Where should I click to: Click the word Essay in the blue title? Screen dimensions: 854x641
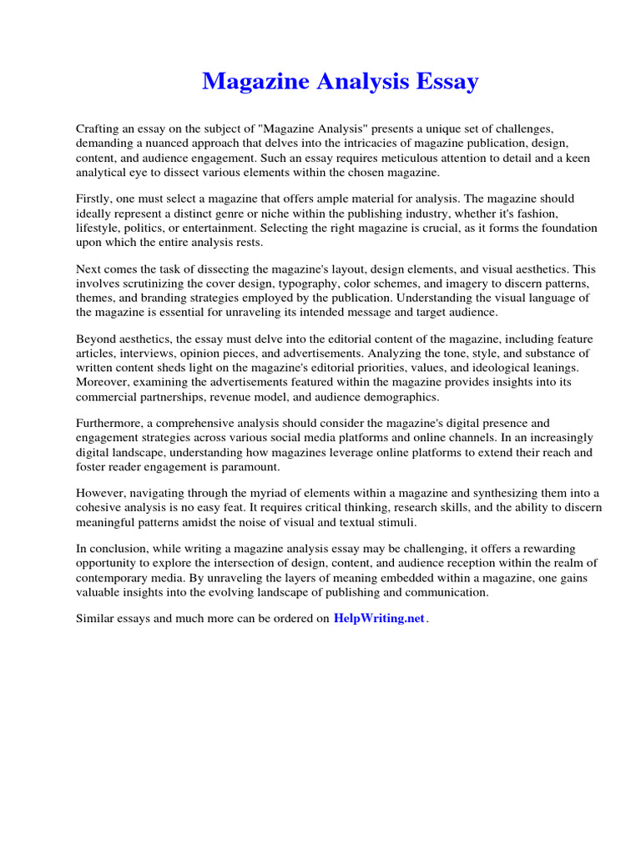coord(447,82)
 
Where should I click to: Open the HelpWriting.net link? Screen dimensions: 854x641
coord(379,619)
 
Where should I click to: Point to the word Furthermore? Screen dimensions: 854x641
coord(110,424)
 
